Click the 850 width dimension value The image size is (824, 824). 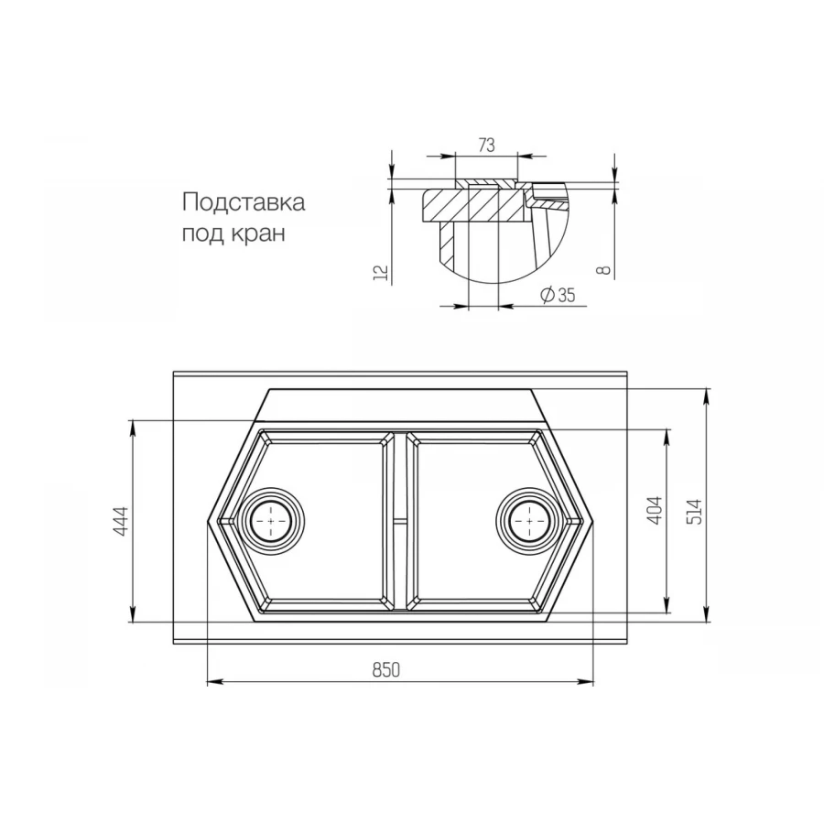(386, 670)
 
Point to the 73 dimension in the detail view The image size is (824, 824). (486, 145)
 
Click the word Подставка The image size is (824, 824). (243, 202)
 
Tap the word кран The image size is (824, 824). (260, 233)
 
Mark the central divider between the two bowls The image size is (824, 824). (399, 520)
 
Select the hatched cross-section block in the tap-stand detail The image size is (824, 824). (476, 204)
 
